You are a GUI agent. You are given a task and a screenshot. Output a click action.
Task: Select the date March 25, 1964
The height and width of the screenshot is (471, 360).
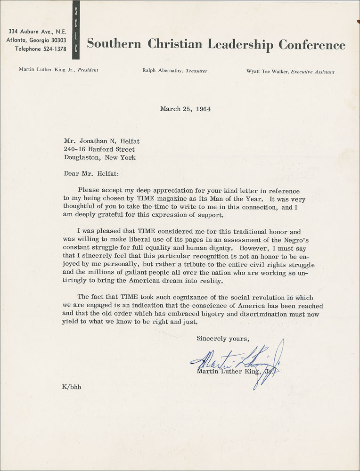[x=185, y=109]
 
